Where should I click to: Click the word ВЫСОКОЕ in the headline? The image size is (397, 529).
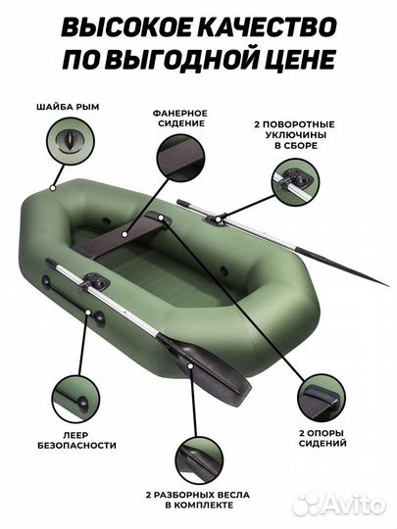point(124,27)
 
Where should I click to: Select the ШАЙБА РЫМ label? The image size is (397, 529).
point(68,107)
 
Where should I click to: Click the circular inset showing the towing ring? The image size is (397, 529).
point(71,141)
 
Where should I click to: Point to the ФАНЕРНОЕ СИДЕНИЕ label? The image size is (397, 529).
point(181,119)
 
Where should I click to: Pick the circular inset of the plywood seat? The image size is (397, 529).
point(180,159)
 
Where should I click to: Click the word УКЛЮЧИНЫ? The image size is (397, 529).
point(296,135)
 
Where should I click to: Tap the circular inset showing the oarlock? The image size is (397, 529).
point(296,182)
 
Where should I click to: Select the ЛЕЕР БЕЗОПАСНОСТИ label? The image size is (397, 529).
point(76,440)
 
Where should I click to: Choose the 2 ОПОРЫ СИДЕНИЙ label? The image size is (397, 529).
point(323,438)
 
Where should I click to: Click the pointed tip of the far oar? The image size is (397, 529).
point(387,286)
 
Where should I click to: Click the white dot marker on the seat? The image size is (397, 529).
point(125,233)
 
